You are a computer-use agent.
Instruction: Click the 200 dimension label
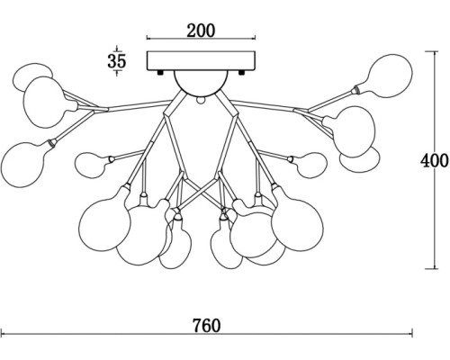point(201,31)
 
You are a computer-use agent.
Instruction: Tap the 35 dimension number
point(117,61)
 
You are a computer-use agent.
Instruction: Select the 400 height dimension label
point(434,161)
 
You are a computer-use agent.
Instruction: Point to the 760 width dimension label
point(206,326)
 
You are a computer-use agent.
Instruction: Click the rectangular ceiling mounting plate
point(201,61)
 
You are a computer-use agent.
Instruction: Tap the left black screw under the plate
point(160,72)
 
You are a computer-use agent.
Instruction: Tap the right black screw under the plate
point(241,72)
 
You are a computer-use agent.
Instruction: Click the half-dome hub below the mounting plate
point(200,82)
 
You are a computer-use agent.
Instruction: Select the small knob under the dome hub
point(200,99)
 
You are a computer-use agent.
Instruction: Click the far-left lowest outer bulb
point(25,164)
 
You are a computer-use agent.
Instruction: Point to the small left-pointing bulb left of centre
point(93,164)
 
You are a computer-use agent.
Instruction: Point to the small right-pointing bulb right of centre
point(309,165)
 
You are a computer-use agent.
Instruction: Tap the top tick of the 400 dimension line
point(434,51)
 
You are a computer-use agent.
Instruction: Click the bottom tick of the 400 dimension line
point(434,268)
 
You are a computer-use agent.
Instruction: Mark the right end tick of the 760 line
point(412,333)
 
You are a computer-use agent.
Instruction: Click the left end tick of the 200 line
point(147,38)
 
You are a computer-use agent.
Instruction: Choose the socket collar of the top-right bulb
point(356,89)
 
